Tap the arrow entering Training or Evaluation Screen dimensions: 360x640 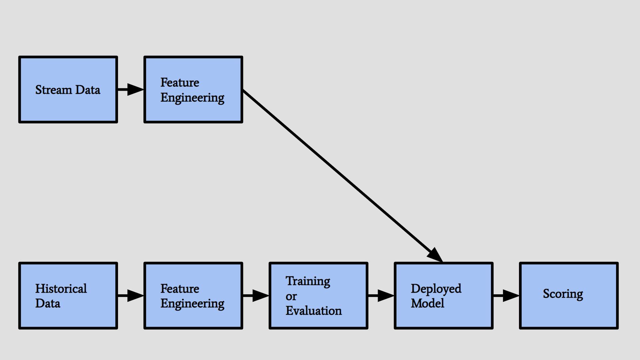click(x=256, y=296)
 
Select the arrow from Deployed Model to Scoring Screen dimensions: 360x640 click(x=506, y=296)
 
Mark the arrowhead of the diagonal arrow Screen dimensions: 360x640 click(x=435, y=255)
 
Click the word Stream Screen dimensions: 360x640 click(x=53, y=90)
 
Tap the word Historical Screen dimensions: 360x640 click(x=61, y=289)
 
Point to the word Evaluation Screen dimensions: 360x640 click(x=313, y=311)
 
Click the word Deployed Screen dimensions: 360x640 click(x=436, y=289)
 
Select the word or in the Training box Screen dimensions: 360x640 click(x=291, y=296)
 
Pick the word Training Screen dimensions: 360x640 click(x=308, y=281)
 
